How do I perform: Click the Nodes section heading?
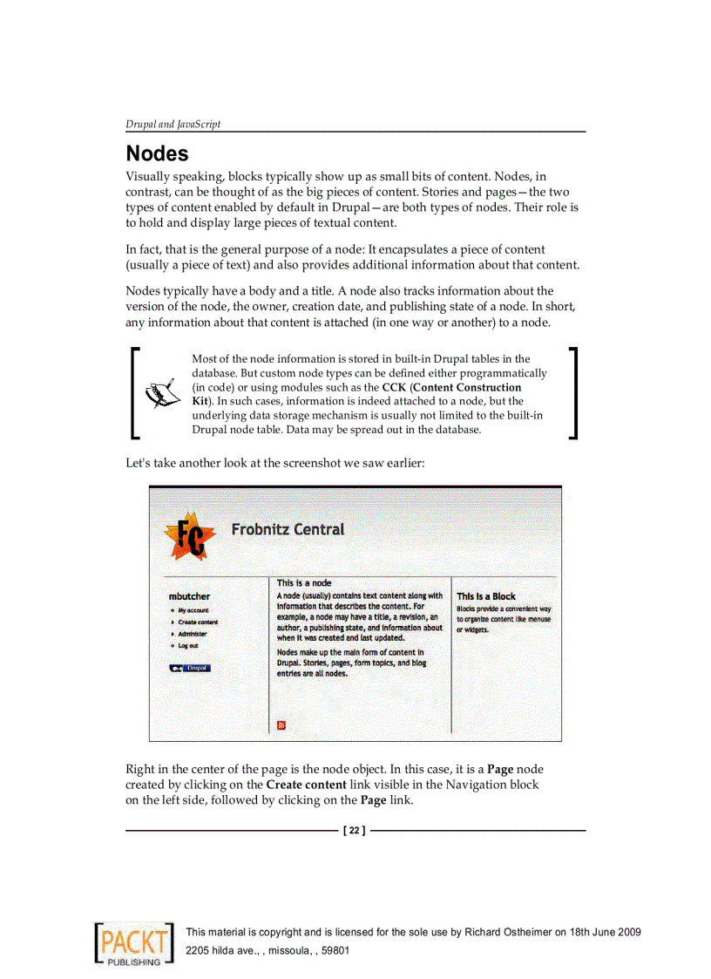pos(157,154)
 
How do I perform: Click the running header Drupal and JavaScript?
pos(173,124)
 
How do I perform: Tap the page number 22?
pos(355,831)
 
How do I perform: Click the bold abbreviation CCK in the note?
pos(394,387)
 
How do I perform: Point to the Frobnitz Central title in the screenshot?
pos(288,529)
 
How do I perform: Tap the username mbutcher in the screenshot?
pos(189,596)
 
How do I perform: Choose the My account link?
pos(193,610)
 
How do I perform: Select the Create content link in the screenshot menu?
pos(198,622)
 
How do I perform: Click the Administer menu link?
pos(193,634)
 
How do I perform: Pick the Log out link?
pos(188,646)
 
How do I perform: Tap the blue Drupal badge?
pos(190,668)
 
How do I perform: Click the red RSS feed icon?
pos(281,724)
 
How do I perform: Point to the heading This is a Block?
pos(486,596)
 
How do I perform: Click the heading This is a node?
pos(304,582)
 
